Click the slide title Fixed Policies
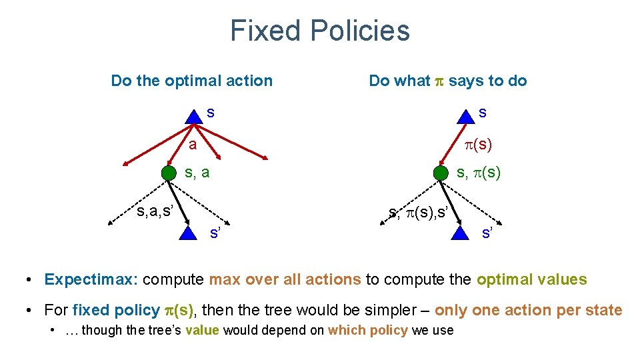[319, 31]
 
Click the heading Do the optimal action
[191, 81]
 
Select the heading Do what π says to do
[447, 81]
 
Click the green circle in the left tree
[169, 173]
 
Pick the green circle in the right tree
[441, 173]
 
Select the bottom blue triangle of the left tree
[189, 232]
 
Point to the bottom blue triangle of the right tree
[460, 232]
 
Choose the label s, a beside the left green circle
[197, 173]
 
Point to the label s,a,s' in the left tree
[155, 213]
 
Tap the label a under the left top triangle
[192, 144]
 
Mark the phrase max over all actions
[285, 280]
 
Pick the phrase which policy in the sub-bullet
[368, 331]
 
